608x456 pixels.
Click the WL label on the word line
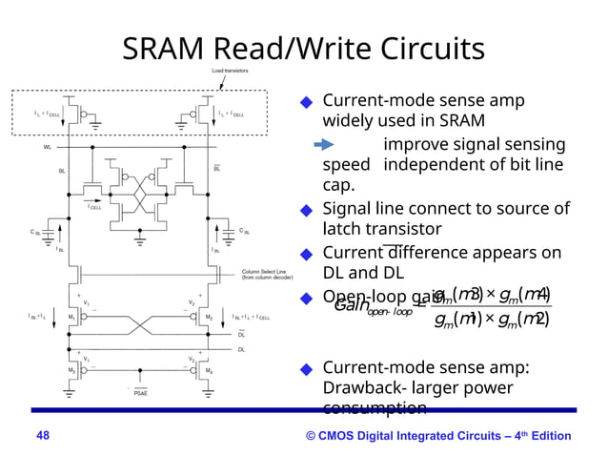[48, 148]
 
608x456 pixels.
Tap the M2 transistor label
[208, 317]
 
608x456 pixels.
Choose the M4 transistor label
[208, 370]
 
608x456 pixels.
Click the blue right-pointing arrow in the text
[324, 145]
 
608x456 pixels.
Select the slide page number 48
[41, 436]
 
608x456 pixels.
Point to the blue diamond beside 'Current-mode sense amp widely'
[306, 102]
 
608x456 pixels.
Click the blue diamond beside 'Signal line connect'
[306, 210]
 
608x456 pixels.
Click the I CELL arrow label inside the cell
[95, 206]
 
